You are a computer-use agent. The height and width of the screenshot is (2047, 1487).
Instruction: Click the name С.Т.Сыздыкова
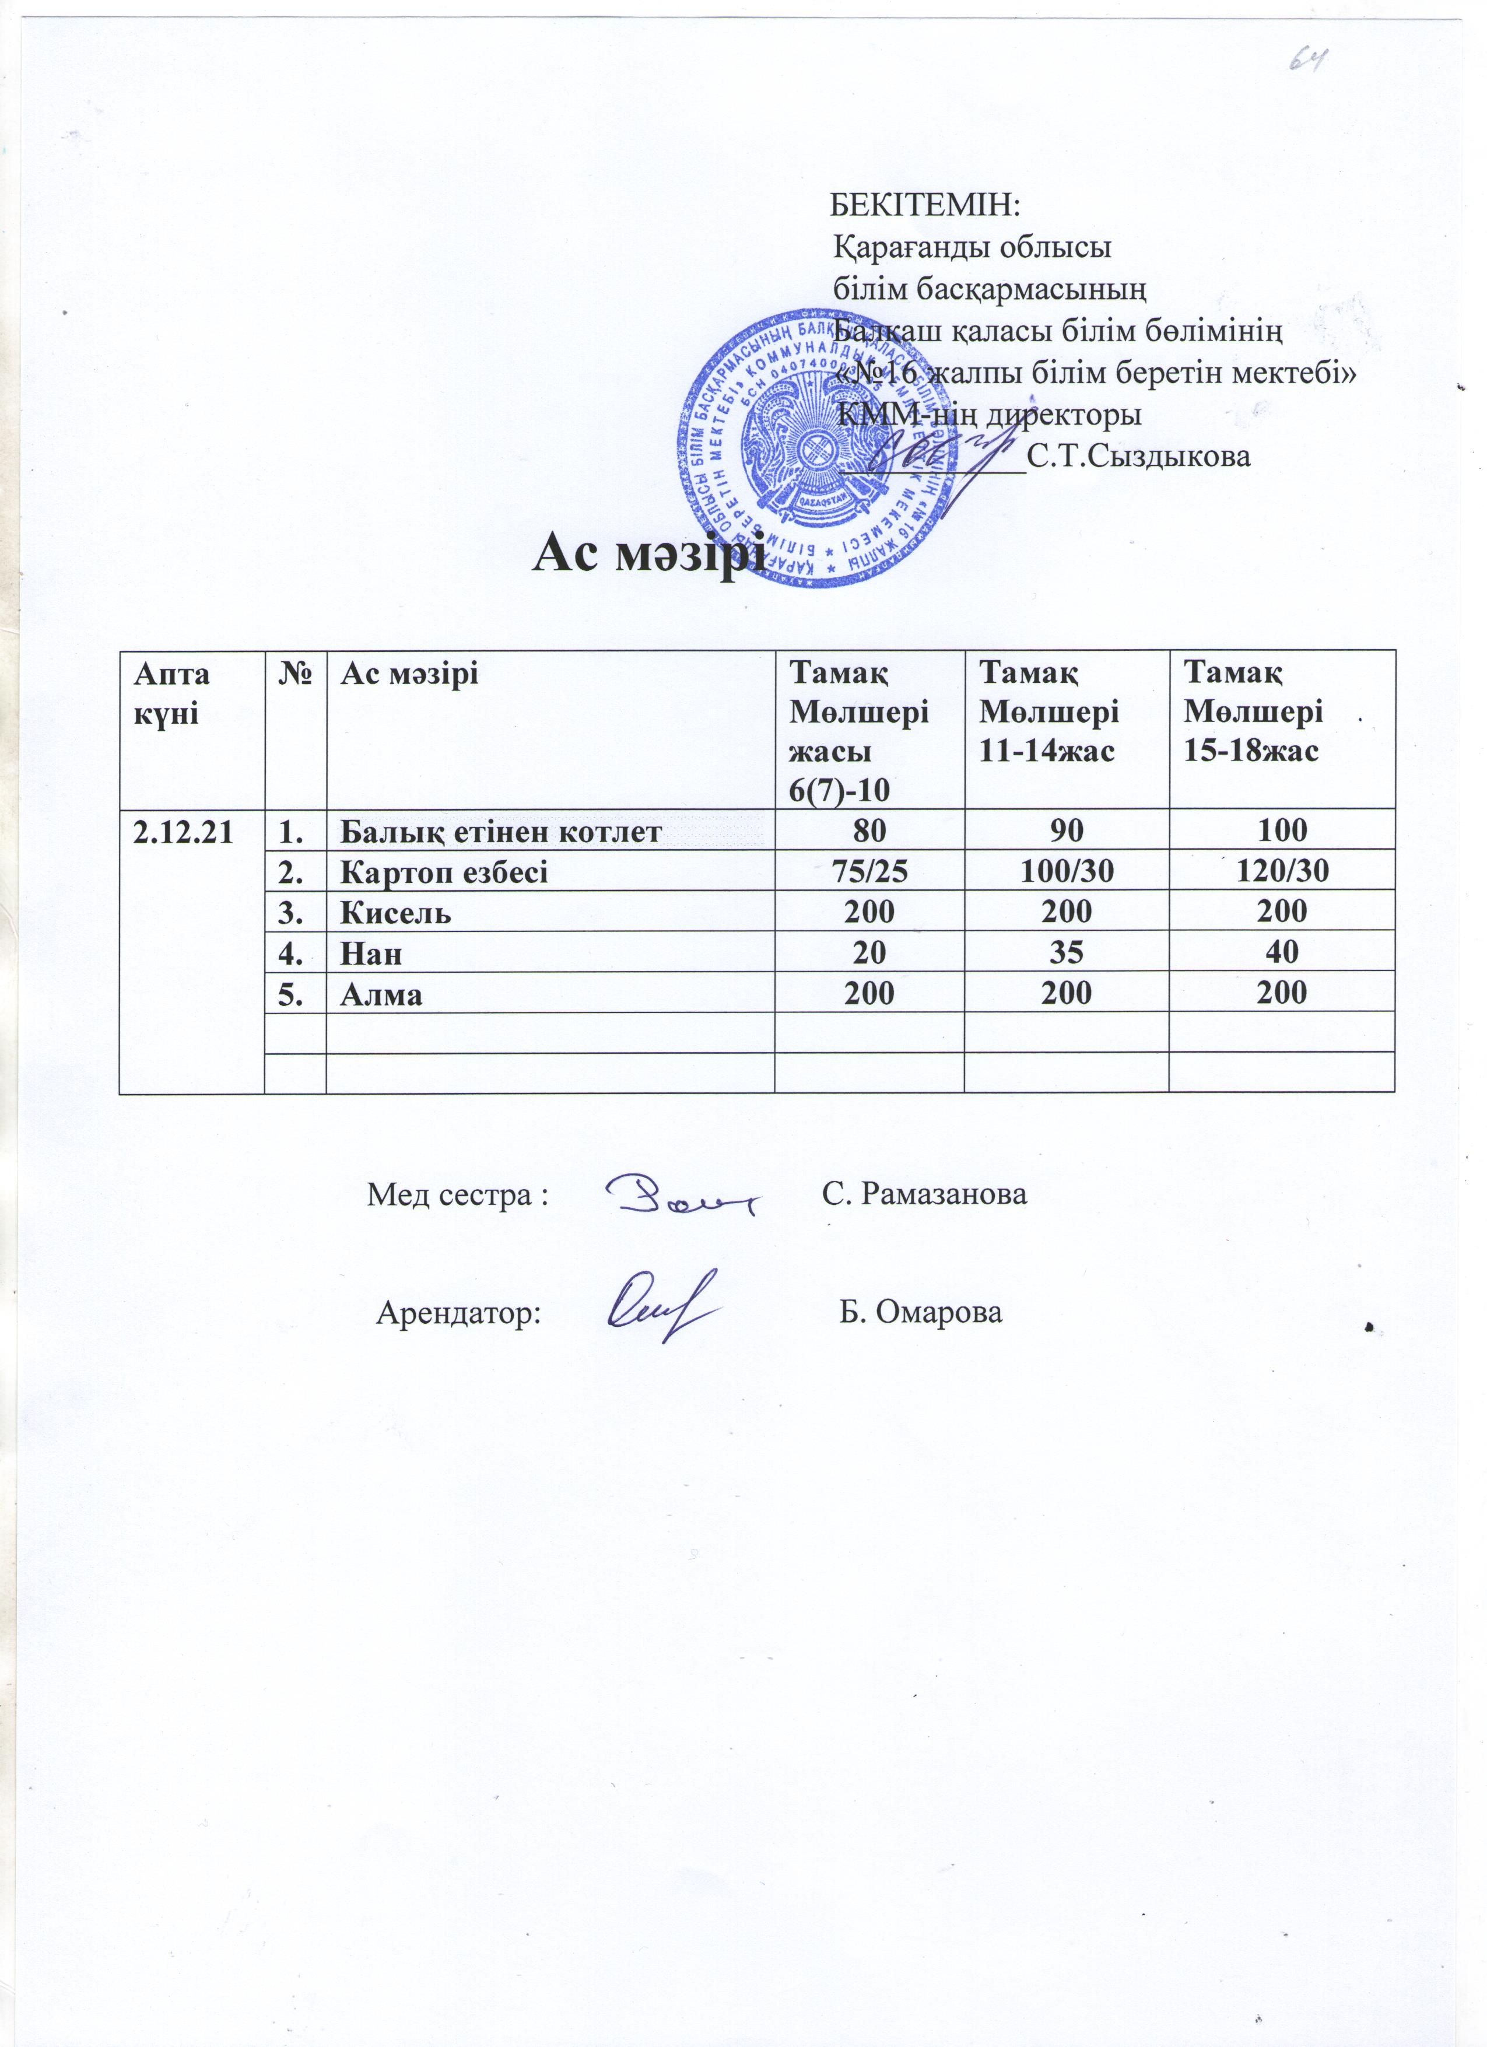tap(1139, 457)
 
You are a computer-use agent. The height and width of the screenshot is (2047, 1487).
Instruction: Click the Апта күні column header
tap(171, 693)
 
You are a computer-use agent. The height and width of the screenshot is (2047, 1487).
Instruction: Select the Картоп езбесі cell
tap(443, 872)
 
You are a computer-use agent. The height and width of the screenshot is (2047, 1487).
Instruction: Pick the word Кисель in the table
tap(395, 913)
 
